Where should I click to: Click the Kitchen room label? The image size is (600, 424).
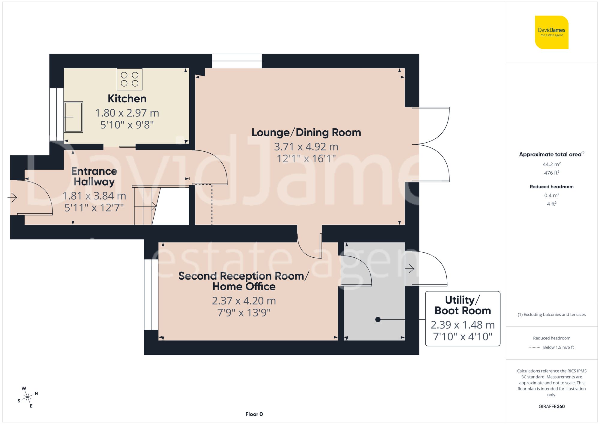point(127,99)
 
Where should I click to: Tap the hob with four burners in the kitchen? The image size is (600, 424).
point(130,79)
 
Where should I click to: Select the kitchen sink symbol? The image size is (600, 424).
point(73,117)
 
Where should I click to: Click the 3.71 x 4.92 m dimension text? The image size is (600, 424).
point(306,147)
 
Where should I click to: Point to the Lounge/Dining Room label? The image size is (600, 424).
point(306,132)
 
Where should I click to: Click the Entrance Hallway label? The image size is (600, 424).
point(94,176)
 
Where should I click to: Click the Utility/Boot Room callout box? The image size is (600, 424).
point(463,319)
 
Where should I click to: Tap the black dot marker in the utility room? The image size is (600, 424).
point(378,320)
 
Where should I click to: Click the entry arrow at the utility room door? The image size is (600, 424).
point(410,269)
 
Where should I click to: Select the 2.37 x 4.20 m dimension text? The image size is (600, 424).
point(244,301)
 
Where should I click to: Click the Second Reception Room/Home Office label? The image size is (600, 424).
point(244,281)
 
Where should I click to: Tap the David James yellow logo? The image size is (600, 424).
point(551,32)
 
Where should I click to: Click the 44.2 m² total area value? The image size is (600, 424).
point(551,164)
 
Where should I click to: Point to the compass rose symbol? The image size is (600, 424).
point(28,397)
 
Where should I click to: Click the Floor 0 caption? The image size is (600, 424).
point(254,414)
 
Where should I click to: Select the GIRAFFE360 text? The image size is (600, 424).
point(551,407)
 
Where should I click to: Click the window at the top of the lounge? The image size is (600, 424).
point(237,61)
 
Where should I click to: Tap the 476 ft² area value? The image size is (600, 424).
point(551,173)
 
